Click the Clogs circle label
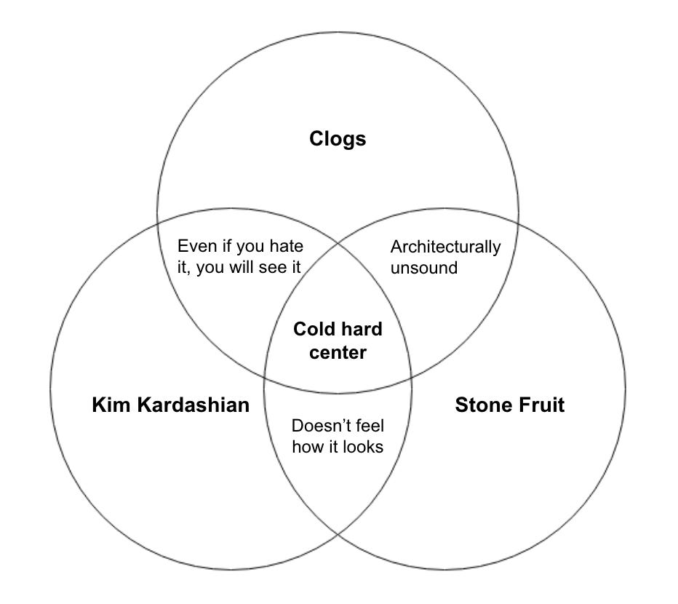338,139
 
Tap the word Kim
111,405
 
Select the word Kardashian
194,405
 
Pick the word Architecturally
445,247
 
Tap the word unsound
423,268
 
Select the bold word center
338,353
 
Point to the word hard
362,329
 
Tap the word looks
363,447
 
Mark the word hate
286,246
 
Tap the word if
226,246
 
